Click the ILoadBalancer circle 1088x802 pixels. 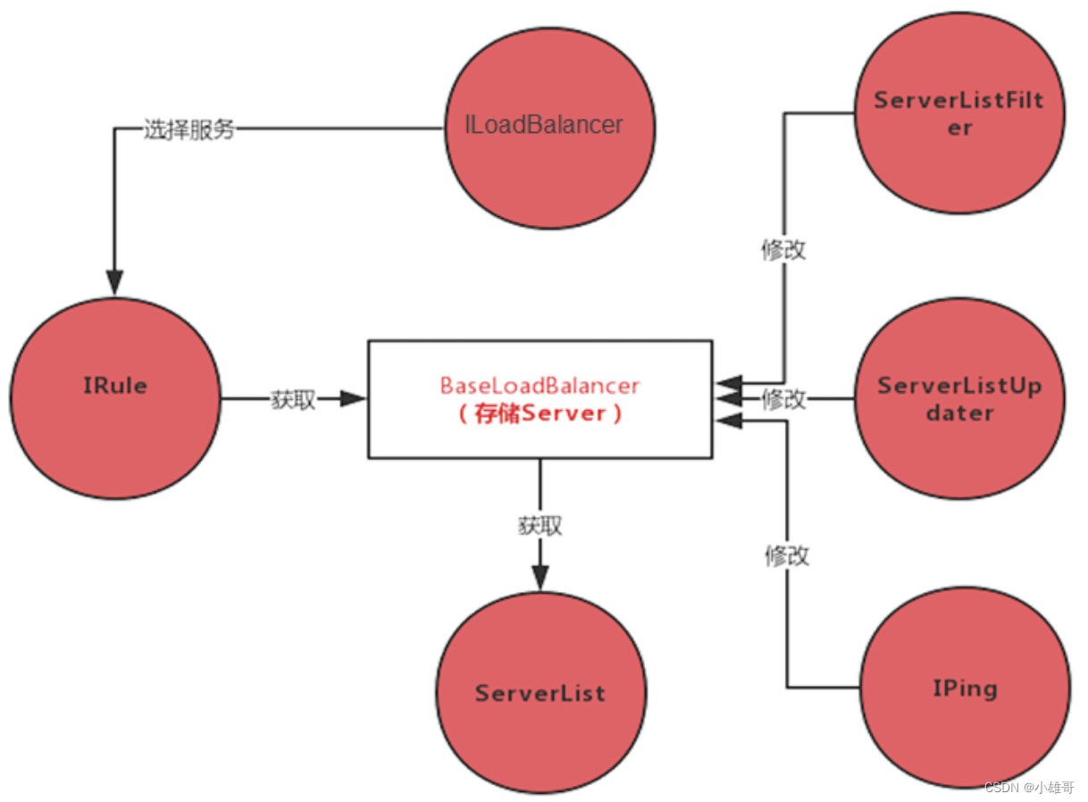(548, 125)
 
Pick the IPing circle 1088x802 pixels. (964, 688)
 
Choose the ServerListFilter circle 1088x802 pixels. (959, 113)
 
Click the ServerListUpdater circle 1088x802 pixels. (959, 399)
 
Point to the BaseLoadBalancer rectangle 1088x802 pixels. (540, 399)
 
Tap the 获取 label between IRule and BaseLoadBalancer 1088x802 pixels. (293, 400)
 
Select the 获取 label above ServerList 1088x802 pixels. (540, 525)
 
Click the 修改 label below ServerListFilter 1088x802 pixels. (783, 249)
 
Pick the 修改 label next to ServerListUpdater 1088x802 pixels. (783, 399)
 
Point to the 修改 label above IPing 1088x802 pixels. (786, 556)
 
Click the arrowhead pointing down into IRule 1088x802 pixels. (114, 280)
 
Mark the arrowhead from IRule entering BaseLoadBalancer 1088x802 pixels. (354, 399)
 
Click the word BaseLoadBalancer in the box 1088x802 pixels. (540, 385)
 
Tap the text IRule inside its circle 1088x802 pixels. (114, 387)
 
